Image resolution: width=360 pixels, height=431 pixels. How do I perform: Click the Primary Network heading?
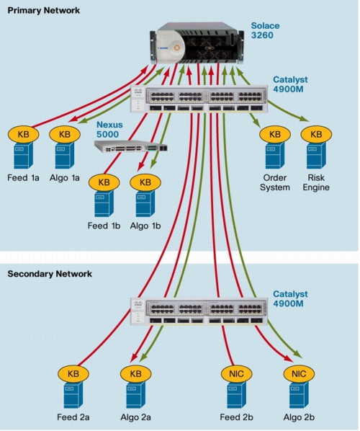click(44, 10)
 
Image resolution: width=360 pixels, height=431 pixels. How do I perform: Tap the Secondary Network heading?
click(50, 274)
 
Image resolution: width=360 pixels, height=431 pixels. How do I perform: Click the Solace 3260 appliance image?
click(197, 43)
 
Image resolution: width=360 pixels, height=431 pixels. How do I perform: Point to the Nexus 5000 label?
click(109, 130)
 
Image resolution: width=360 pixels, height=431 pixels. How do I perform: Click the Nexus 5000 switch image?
click(131, 146)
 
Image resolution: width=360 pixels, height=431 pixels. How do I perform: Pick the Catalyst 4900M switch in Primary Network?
click(199, 99)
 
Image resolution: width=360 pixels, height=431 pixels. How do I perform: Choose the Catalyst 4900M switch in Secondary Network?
click(199, 311)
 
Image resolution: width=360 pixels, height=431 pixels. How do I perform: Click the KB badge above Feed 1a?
click(23, 134)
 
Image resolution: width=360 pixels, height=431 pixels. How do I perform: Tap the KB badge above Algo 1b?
click(145, 182)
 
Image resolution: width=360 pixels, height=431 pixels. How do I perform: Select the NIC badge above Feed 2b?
click(236, 374)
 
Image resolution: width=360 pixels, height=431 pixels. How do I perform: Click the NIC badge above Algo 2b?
click(299, 374)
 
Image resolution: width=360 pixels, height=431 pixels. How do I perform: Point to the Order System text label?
click(275, 182)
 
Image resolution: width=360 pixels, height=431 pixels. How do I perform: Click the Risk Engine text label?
click(316, 182)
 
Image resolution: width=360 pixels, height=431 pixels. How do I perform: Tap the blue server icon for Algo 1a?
click(65, 155)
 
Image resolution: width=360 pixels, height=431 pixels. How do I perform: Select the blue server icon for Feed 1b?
click(104, 203)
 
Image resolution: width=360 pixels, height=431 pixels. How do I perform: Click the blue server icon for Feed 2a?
click(73, 395)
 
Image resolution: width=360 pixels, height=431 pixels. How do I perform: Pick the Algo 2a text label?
click(135, 417)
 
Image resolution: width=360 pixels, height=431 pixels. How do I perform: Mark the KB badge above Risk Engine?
click(316, 134)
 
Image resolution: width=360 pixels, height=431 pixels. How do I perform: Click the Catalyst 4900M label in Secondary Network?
click(290, 299)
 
